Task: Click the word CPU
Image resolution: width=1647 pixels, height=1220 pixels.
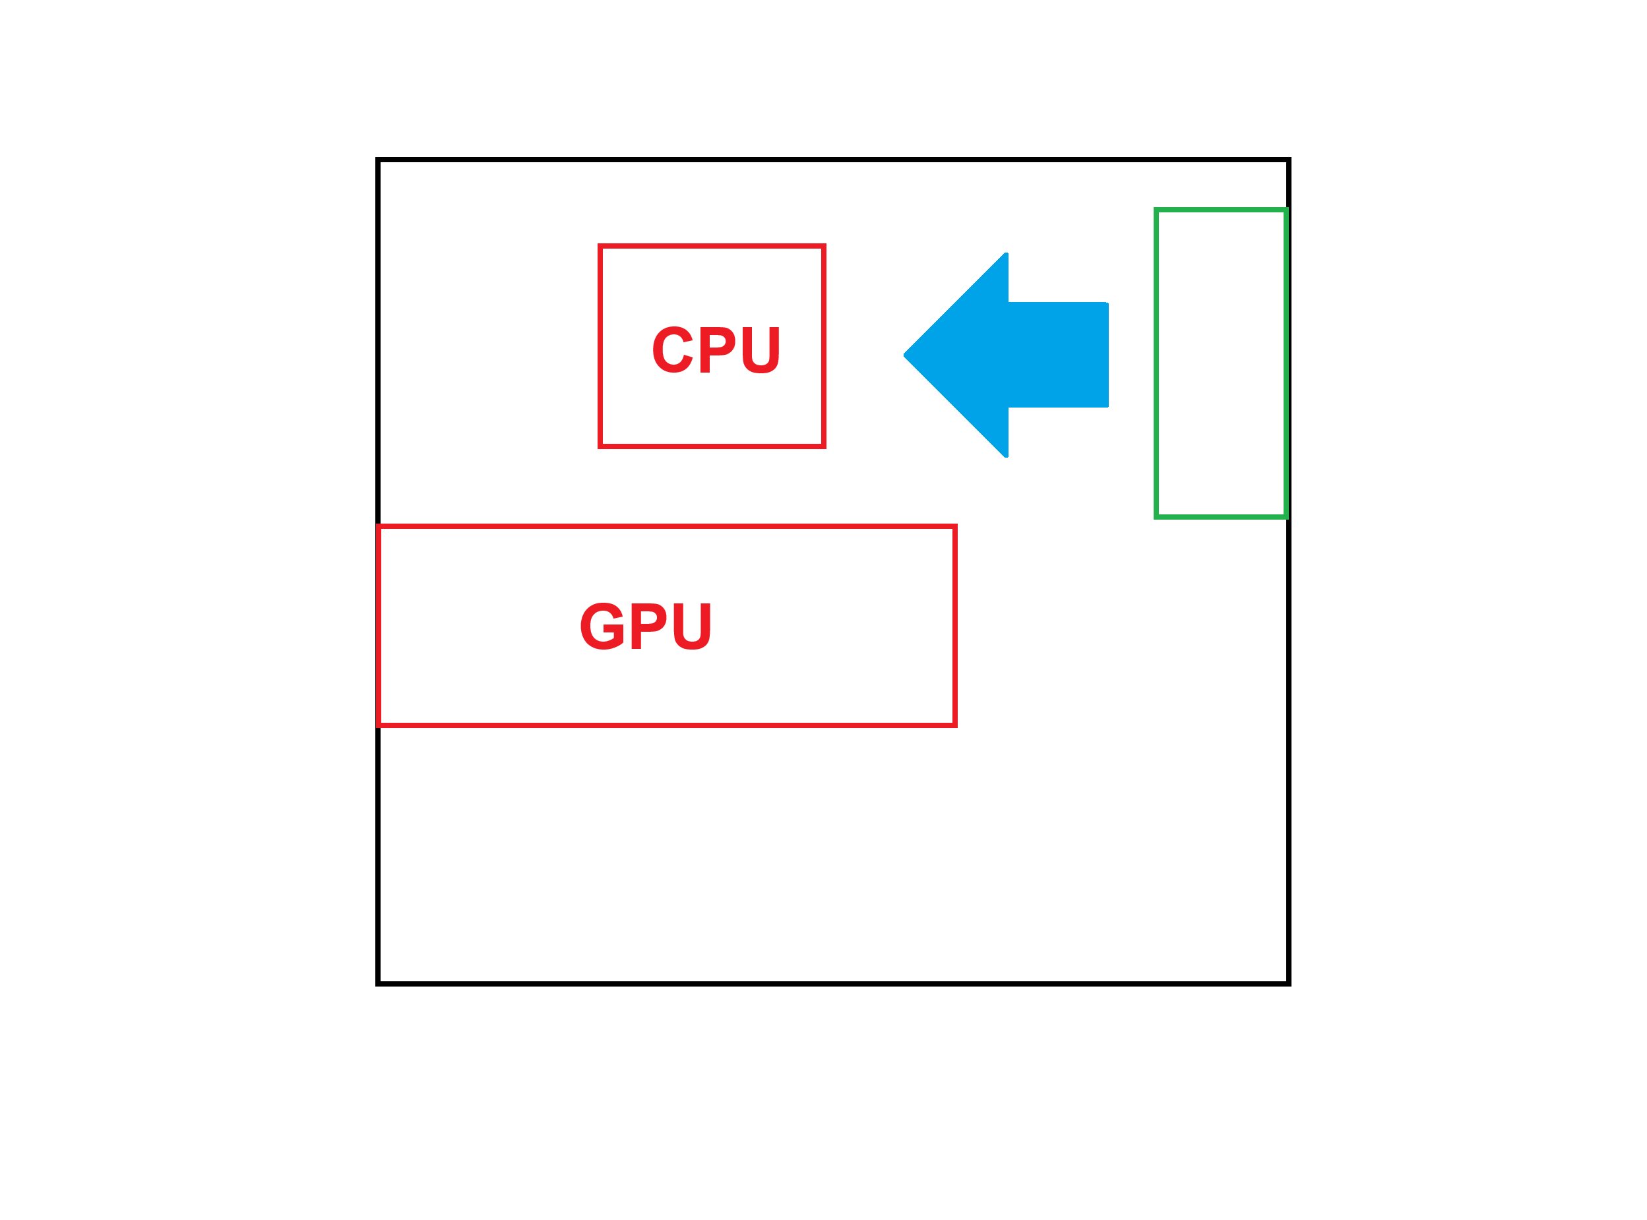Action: tap(716, 350)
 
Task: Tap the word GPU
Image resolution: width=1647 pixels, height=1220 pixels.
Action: tap(646, 626)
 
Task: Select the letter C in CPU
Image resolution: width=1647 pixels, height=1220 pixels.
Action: tap(672, 350)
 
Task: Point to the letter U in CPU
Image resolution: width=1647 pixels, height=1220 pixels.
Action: tap(761, 350)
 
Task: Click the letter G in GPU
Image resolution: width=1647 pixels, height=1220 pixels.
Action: tap(603, 626)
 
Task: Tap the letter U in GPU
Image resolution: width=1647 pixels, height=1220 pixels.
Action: tap(692, 626)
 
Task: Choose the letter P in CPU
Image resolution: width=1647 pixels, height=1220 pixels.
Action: tap(716, 350)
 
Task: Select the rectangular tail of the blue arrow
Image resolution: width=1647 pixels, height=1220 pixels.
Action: tap(1057, 355)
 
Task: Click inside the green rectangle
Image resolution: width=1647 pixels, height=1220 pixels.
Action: tap(1221, 363)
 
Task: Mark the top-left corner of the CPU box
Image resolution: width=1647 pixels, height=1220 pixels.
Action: tap(600, 246)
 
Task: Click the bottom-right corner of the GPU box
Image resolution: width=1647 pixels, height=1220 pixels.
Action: tap(955, 725)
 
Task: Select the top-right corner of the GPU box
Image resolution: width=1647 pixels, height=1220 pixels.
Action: tap(955, 526)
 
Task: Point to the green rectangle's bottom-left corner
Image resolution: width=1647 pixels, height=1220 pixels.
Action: tap(1156, 516)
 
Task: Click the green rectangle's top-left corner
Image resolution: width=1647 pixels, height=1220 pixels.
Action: tap(1156, 210)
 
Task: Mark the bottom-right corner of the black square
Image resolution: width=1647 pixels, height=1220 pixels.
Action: tap(1288, 983)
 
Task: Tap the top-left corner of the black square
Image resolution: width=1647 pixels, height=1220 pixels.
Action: tap(378, 160)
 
